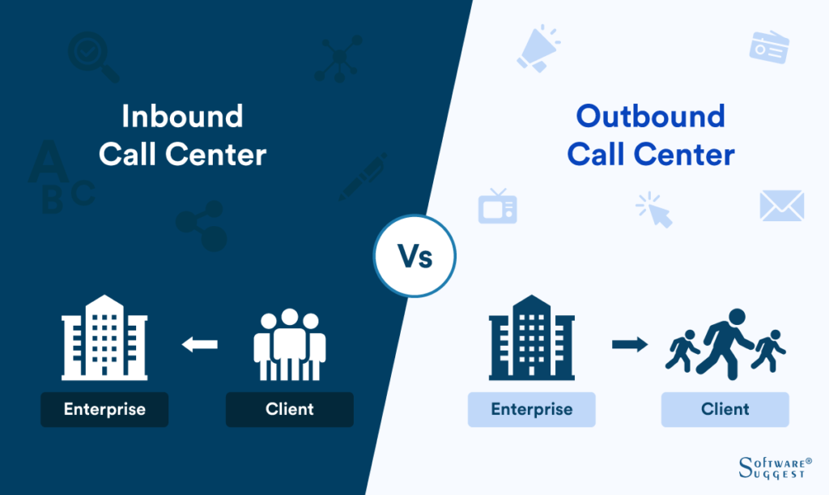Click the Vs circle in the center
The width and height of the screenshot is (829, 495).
click(x=414, y=257)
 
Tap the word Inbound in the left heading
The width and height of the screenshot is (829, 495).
click(x=182, y=117)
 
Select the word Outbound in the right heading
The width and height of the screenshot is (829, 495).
click(x=650, y=117)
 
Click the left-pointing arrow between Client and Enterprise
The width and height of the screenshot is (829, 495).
click(x=199, y=344)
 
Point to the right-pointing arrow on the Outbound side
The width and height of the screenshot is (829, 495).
click(x=630, y=344)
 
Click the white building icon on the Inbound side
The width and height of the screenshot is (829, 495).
click(x=104, y=337)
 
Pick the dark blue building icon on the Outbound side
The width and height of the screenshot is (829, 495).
click(x=531, y=337)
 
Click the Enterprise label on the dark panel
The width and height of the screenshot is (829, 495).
click(x=104, y=409)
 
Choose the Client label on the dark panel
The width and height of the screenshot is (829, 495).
click(x=289, y=409)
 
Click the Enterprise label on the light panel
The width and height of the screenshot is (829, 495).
click(x=531, y=409)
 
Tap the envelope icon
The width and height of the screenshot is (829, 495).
click(x=781, y=206)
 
